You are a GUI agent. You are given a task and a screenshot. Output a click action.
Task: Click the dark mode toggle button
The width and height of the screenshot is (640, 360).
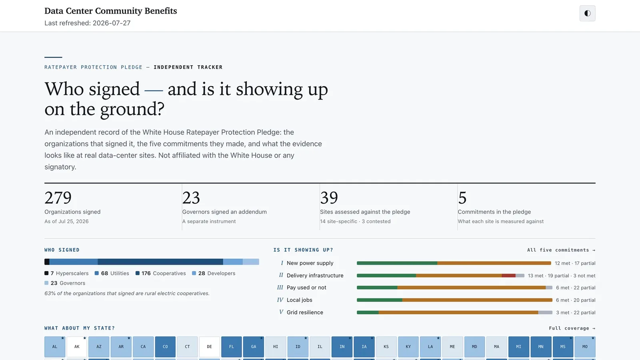587,13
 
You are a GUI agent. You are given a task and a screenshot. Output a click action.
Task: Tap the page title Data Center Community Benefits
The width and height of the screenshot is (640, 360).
110,11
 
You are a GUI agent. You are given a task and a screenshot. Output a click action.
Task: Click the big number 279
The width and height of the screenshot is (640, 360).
58,198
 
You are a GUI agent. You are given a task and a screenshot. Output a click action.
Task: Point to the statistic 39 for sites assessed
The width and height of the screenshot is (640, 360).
329,198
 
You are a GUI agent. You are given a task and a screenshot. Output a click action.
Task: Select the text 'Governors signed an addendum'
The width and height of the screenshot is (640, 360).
224,212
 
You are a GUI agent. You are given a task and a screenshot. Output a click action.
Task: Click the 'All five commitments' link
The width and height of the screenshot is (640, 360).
561,250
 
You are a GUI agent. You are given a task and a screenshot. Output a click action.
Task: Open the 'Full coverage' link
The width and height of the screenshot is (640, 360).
572,328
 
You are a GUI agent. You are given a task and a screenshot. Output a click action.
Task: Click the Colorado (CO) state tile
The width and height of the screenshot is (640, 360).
165,346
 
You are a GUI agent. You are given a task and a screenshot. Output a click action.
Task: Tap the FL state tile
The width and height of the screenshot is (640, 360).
232,346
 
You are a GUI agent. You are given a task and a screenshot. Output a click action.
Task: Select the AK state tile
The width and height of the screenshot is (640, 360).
77,346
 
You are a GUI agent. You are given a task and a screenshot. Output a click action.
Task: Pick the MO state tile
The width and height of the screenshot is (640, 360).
585,346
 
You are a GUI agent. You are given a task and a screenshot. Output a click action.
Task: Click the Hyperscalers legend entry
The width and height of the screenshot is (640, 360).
66,273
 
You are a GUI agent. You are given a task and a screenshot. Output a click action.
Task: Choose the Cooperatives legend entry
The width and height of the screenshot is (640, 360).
160,273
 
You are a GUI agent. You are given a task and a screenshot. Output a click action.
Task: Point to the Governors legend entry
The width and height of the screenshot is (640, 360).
65,283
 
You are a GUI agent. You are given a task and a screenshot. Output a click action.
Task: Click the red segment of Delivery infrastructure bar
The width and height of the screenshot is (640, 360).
508,276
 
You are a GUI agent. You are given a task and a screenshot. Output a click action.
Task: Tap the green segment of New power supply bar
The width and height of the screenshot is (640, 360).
397,263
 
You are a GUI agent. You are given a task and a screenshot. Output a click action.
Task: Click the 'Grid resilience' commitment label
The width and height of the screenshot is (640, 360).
305,312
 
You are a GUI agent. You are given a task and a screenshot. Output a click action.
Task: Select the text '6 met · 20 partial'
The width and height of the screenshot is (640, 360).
576,300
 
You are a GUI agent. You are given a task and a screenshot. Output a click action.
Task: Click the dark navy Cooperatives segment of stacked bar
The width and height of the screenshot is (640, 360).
160,262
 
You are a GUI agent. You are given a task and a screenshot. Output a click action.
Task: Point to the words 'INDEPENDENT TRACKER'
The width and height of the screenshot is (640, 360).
188,67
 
